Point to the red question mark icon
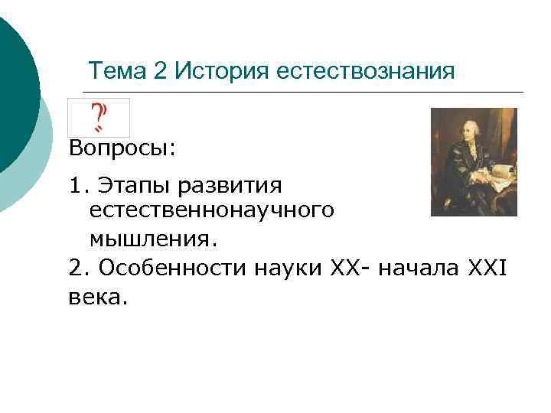[99, 117]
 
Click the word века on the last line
[94, 296]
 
